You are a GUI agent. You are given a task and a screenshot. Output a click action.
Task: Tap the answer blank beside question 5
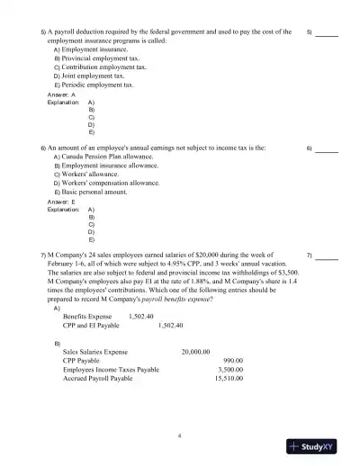pos(327,32)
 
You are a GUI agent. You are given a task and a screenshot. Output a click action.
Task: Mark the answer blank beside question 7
pos(327,255)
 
